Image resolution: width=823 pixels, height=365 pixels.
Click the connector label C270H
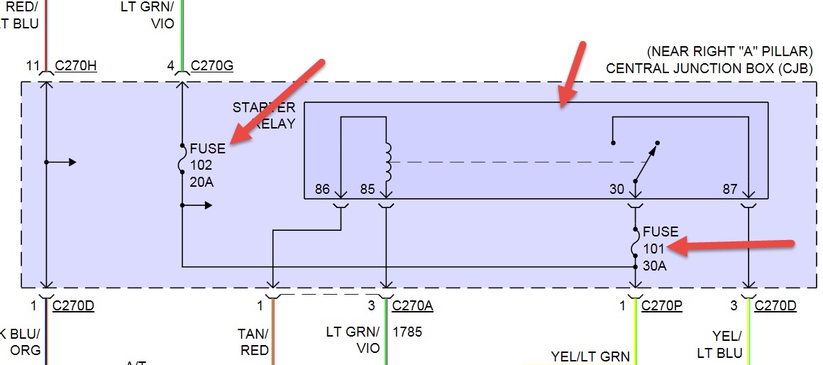76,67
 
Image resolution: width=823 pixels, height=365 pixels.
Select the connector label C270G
212,67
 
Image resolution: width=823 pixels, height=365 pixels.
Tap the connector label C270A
412,306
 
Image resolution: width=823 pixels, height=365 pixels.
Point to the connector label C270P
661,306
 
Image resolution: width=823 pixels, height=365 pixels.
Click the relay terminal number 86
322,190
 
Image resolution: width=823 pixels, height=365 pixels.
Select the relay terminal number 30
617,190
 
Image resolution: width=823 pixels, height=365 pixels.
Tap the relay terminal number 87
730,190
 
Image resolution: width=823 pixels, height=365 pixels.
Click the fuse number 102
201,165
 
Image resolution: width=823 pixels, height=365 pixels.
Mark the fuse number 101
654,249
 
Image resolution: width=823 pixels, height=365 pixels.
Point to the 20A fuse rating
201,182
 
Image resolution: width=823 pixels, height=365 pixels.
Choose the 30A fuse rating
654,266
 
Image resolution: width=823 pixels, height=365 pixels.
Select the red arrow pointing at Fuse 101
731,245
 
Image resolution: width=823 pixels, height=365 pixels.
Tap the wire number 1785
407,332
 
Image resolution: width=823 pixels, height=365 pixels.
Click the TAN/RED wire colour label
254,342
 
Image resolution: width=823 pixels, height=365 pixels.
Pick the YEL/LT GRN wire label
590,356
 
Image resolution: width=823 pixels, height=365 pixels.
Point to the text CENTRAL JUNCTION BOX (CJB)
709,69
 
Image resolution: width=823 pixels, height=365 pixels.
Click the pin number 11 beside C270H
33,67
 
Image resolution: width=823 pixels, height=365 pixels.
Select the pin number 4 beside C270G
170,67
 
